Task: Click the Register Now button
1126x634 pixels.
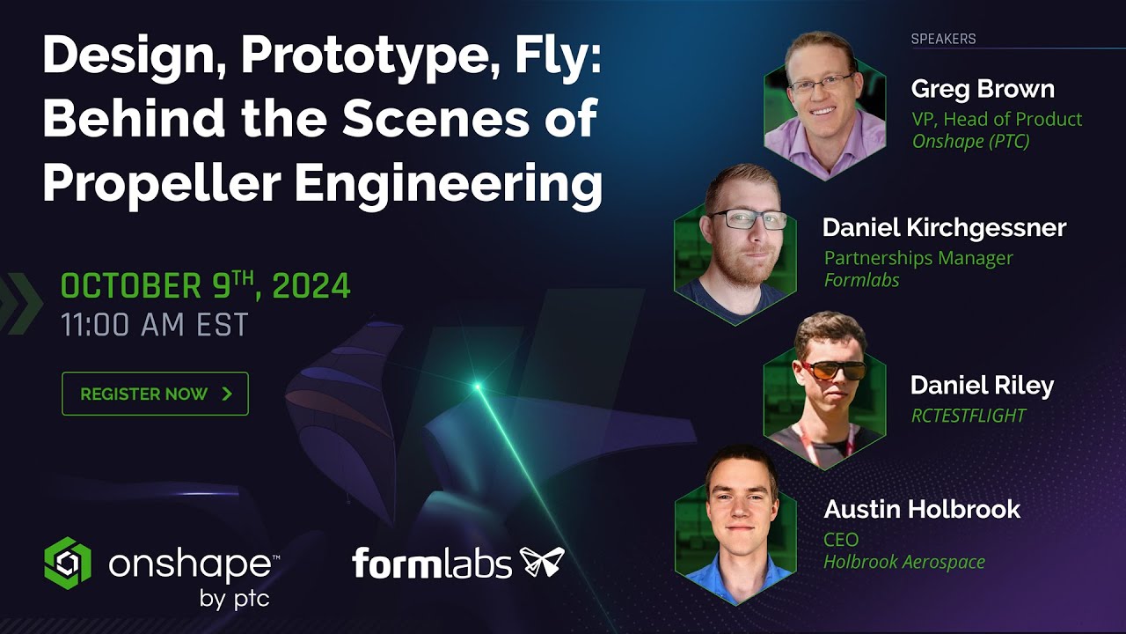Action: click(x=155, y=394)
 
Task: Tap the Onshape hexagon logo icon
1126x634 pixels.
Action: click(x=68, y=563)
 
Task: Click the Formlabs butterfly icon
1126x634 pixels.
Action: click(x=542, y=563)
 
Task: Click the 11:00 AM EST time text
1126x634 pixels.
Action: click(x=155, y=325)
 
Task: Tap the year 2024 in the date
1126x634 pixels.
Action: click(x=311, y=286)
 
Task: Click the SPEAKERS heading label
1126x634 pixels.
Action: click(x=943, y=39)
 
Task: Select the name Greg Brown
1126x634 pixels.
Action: click(x=983, y=89)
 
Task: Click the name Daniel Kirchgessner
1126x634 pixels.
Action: click(x=944, y=228)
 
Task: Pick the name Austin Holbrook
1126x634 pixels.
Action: click(x=922, y=509)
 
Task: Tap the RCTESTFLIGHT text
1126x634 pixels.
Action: click(x=969, y=416)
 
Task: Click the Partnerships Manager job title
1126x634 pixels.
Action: click(x=918, y=258)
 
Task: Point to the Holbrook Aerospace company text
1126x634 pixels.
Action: click(x=904, y=561)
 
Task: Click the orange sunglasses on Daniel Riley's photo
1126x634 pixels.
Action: click(x=831, y=370)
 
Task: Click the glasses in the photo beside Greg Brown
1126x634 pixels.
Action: click(x=822, y=84)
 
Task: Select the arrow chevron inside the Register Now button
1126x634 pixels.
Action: click(x=227, y=394)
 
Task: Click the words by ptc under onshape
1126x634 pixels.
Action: click(x=234, y=601)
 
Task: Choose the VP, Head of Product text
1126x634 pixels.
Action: click(x=997, y=119)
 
